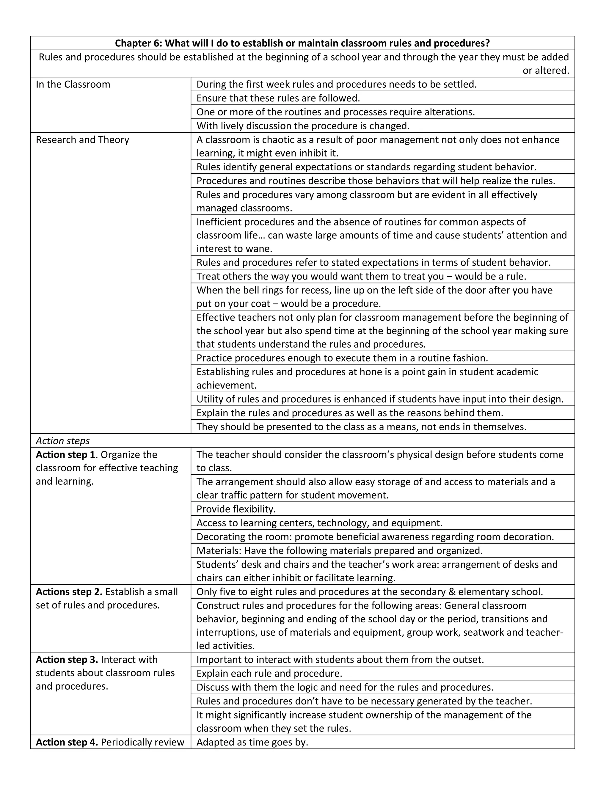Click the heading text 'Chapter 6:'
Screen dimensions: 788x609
pyautogui.click(x=139, y=43)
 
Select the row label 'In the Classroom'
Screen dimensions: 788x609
pyautogui.click(x=73, y=84)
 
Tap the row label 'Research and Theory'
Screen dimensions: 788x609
pyautogui.click(x=82, y=140)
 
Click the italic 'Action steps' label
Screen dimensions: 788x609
pyautogui.click(x=63, y=441)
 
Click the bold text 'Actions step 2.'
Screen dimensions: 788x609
pyautogui.click(x=69, y=592)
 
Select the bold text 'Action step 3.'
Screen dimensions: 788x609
pyautogui.click(x=67, y=660)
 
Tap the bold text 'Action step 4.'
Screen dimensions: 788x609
pyautogui.click(x=67, y=742)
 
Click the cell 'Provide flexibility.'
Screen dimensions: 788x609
pyautogui.click(x=236, y=509)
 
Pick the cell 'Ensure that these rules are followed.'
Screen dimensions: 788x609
pyautogui.click(x=278, y=98)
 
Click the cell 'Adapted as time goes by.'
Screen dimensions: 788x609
pyautogui.click(x=252, y=742)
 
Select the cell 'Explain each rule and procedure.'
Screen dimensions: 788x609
pyautogui.click(x=269, y=673)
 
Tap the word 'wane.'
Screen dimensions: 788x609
pyautogui.click(x=258, y=249)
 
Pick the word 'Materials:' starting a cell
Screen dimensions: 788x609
pyautogui.click(x=219, y=551)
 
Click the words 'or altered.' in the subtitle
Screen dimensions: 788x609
pyautogui.click(x=545, y=71)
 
